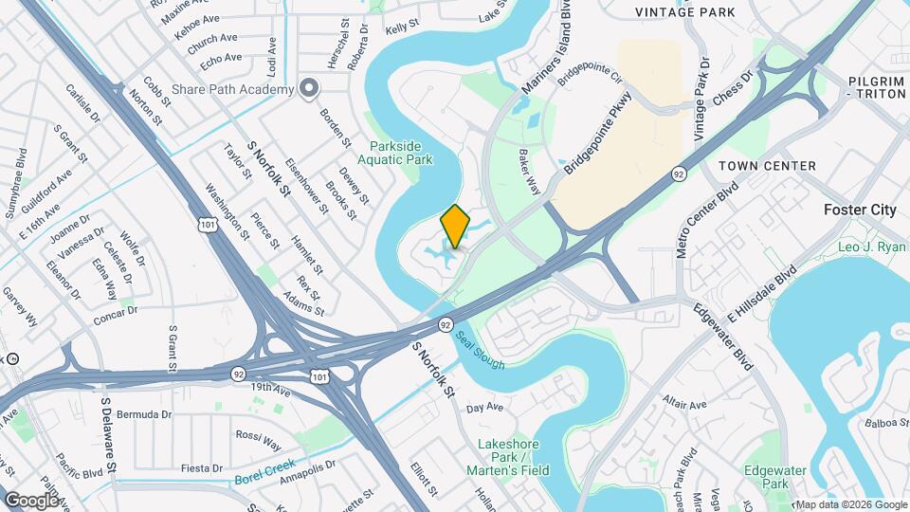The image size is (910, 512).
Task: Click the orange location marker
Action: (x=455, y=227)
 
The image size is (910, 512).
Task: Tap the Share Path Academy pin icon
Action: (x=308, y=89)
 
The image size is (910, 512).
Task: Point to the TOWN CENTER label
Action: (x=767, y=166)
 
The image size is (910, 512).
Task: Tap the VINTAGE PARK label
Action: (x=685, y=12)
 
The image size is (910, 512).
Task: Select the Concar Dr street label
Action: (x=116, y=315)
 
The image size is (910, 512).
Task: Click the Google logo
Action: (x=32, y=500)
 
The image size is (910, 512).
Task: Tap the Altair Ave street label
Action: (x=685, y=403)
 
